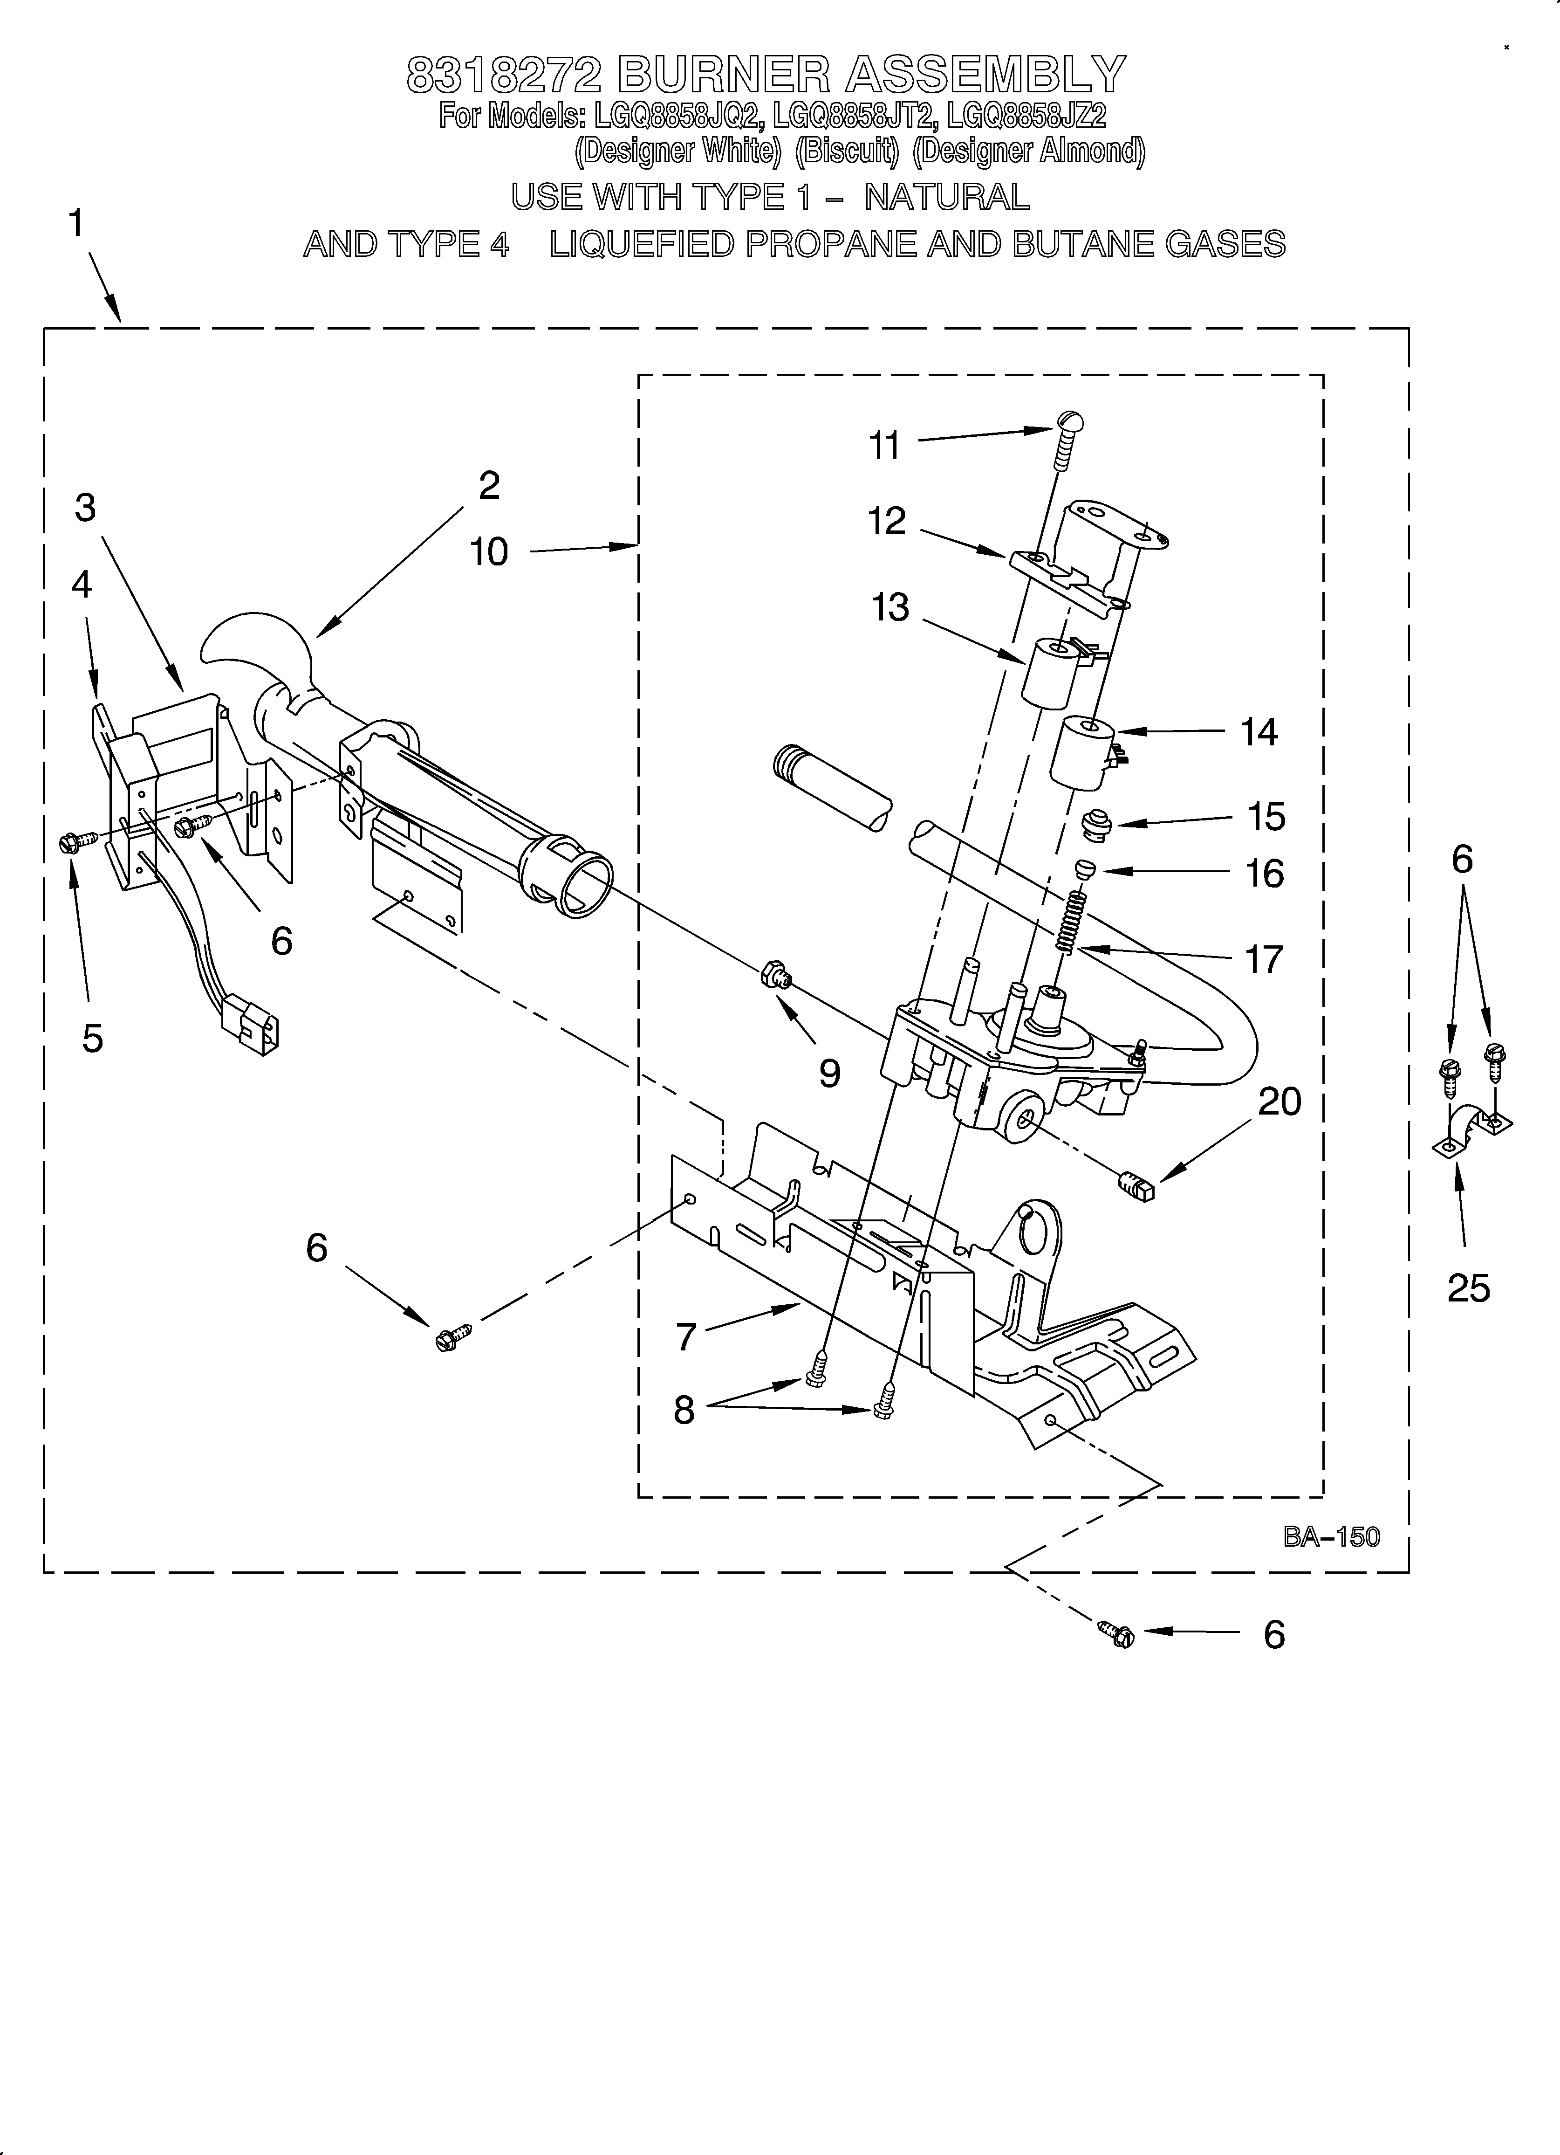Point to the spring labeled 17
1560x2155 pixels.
[1071, 922]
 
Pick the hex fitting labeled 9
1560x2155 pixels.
[774, 975]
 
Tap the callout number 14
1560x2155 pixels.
[1259, 732]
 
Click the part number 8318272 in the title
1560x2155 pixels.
[504, 74]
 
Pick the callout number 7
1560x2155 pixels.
[687, 1337]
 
